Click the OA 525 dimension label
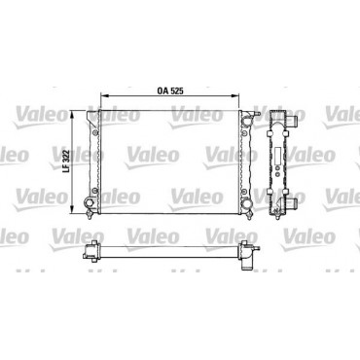(x=170, y=91)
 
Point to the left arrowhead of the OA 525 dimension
(x=103, y=95)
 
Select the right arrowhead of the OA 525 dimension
(x=236, y=95)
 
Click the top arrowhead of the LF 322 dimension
(x=72, y=113)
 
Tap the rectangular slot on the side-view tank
(x=277, y=156)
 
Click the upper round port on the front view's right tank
(x=246, y=121)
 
